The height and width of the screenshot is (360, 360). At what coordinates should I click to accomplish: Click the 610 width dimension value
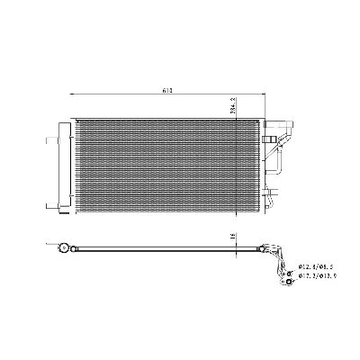tap(167, 89)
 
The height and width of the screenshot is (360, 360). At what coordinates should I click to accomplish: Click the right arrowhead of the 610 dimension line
tap(262, 94)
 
